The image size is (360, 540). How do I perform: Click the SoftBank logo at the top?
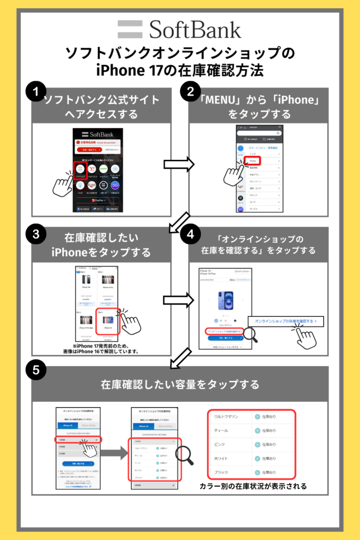[179, 30]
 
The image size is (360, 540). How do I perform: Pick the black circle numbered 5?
[35, 370]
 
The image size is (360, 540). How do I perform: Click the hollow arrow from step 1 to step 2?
[179, 165]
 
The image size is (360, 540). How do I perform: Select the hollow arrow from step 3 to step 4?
[179, 300]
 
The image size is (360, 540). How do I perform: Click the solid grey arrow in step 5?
[114, 452]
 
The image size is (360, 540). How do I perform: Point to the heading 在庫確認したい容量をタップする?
[180, 384]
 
